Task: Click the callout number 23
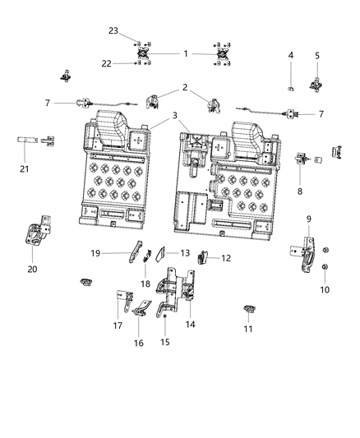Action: (113, 30)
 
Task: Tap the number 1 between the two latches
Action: (186, 53)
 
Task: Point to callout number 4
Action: (290, 55)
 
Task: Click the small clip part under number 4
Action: (290, 85)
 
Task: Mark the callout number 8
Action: (299, 190)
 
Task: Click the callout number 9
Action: (308, 219)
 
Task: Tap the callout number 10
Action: (325, 290)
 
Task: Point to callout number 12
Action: (226, 258)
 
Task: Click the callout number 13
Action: (185, 253)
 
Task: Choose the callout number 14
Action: (191, 325)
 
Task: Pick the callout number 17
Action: (118, 325)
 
